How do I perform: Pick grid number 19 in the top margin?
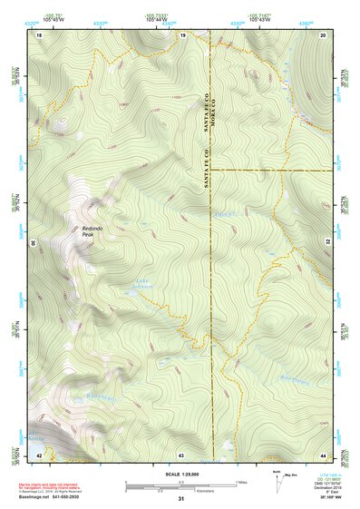click(182, 34)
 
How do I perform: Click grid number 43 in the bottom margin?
click(181, 454)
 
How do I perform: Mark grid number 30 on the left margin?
click(34, 243)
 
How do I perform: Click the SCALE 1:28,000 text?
click(181, 475)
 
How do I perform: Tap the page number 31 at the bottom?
click(181, 499)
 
